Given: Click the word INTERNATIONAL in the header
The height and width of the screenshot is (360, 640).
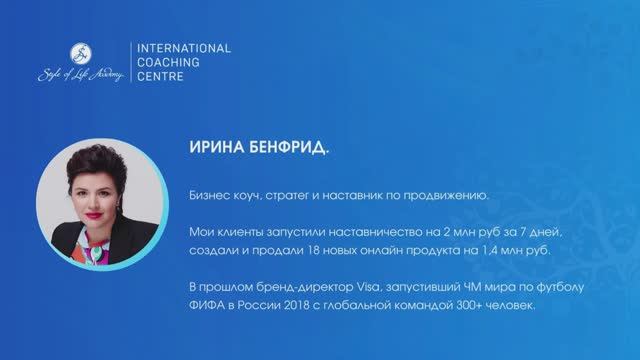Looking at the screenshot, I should pos(183,47).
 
